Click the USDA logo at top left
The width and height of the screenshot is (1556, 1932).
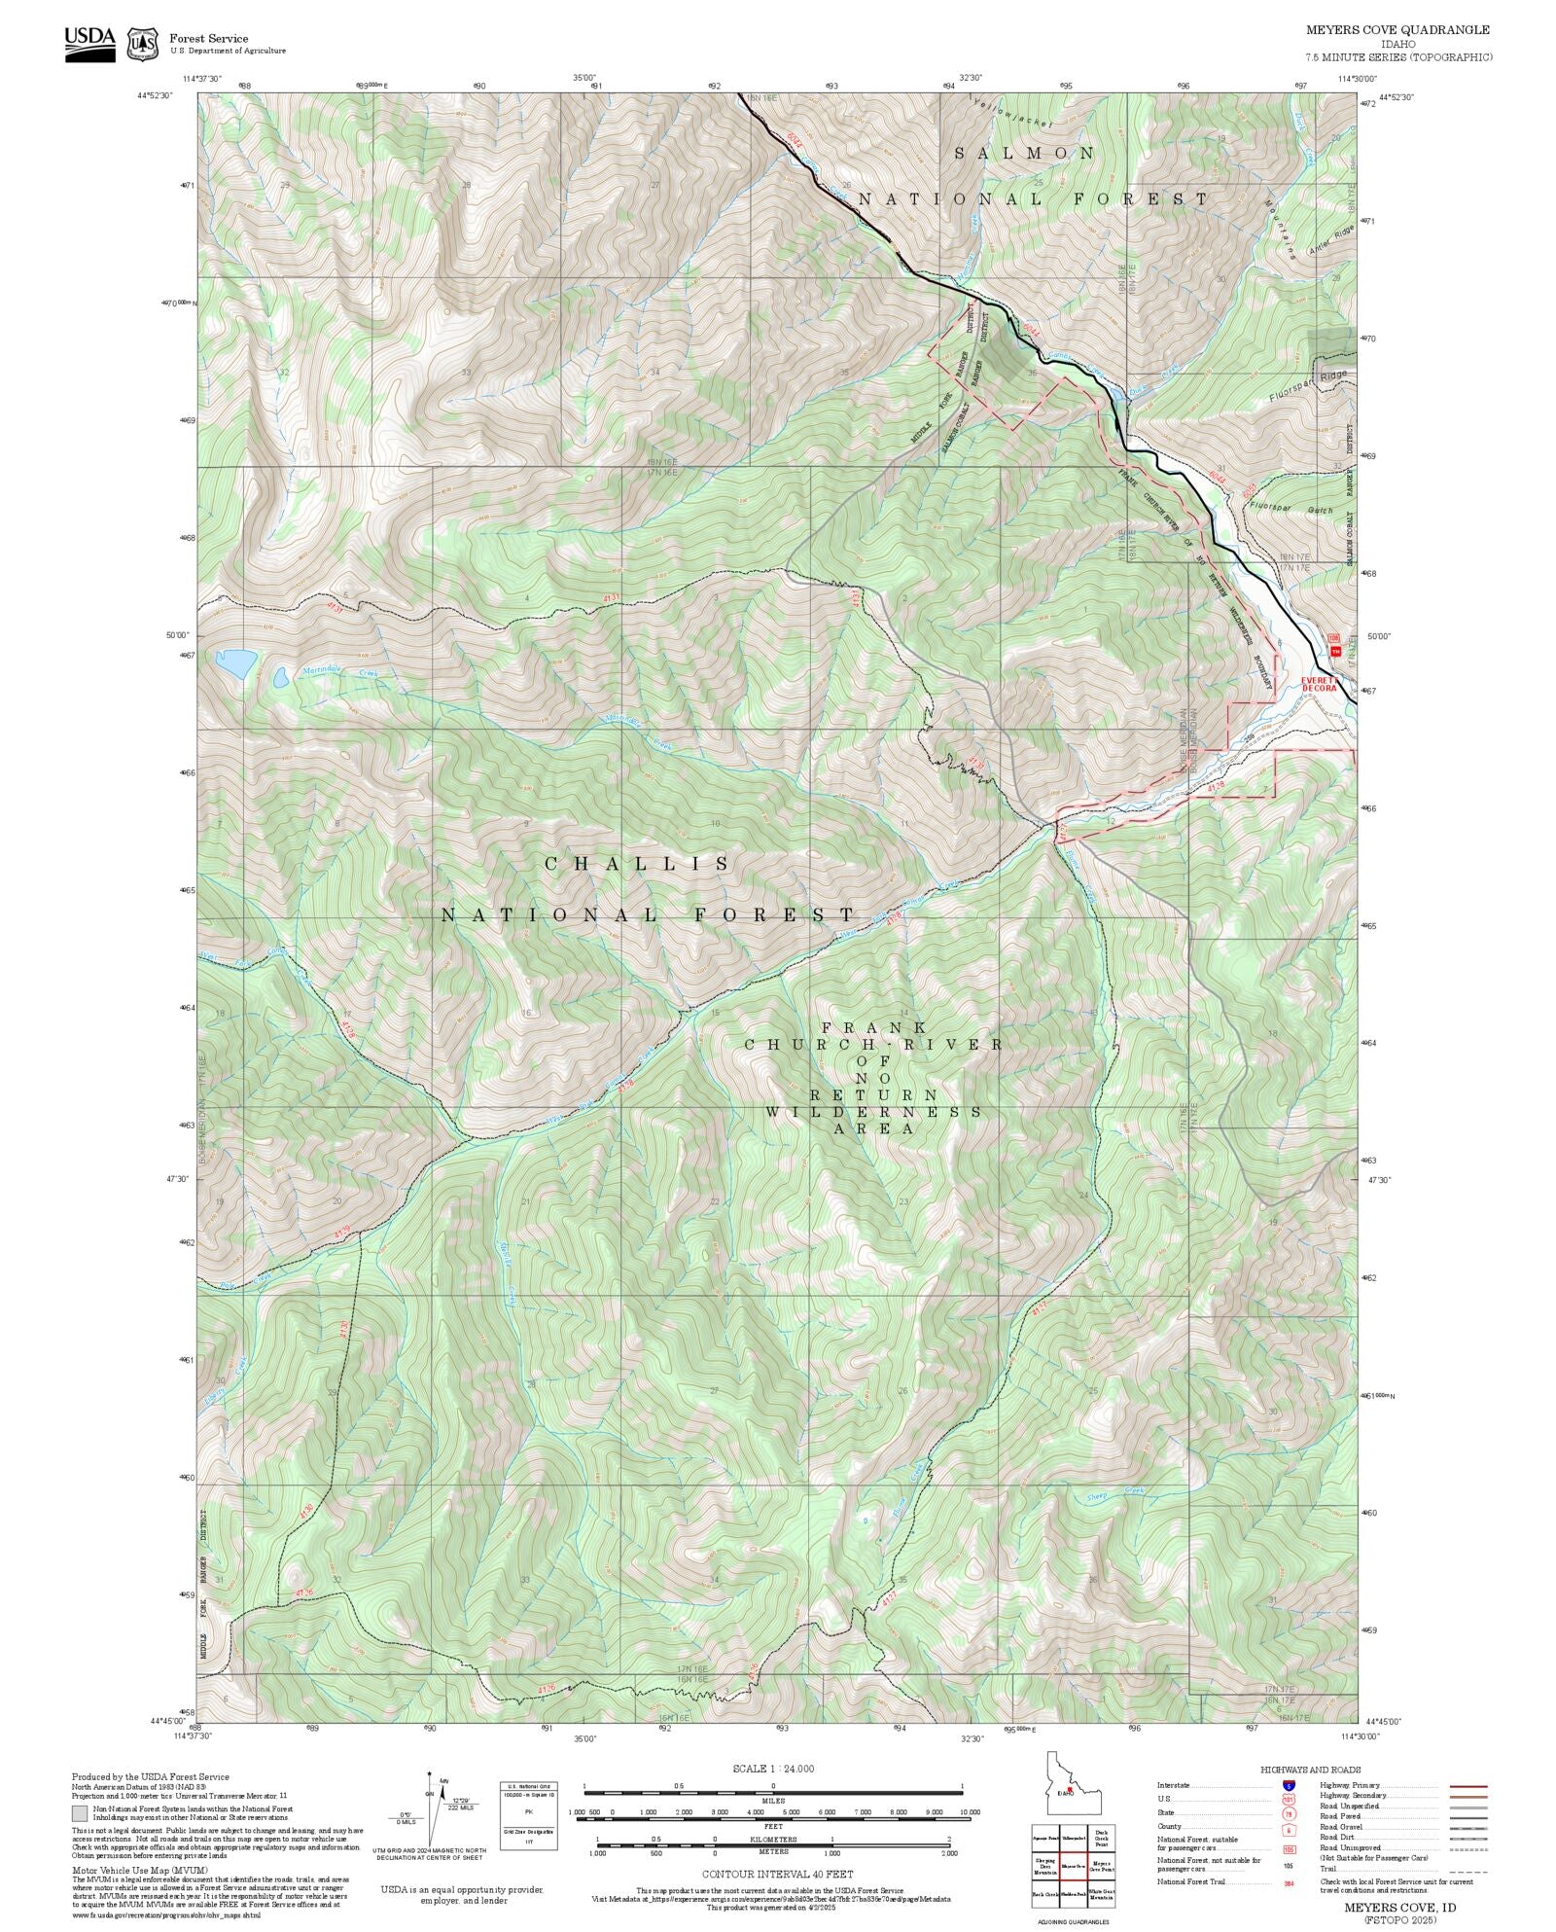89,43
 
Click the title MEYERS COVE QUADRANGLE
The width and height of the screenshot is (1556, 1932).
1397,29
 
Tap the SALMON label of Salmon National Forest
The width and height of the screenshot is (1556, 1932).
1024,154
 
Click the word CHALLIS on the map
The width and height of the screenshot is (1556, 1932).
637,864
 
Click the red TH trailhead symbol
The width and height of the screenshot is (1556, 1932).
1335,651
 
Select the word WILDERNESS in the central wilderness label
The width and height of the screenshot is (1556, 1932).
873,1112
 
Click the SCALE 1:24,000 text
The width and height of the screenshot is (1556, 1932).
773,1769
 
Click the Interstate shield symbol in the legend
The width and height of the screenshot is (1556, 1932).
1289,1786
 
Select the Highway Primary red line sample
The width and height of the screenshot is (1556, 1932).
1468,1786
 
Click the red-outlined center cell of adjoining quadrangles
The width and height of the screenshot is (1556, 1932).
1073,1866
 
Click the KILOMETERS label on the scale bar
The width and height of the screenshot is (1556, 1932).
773,1840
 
